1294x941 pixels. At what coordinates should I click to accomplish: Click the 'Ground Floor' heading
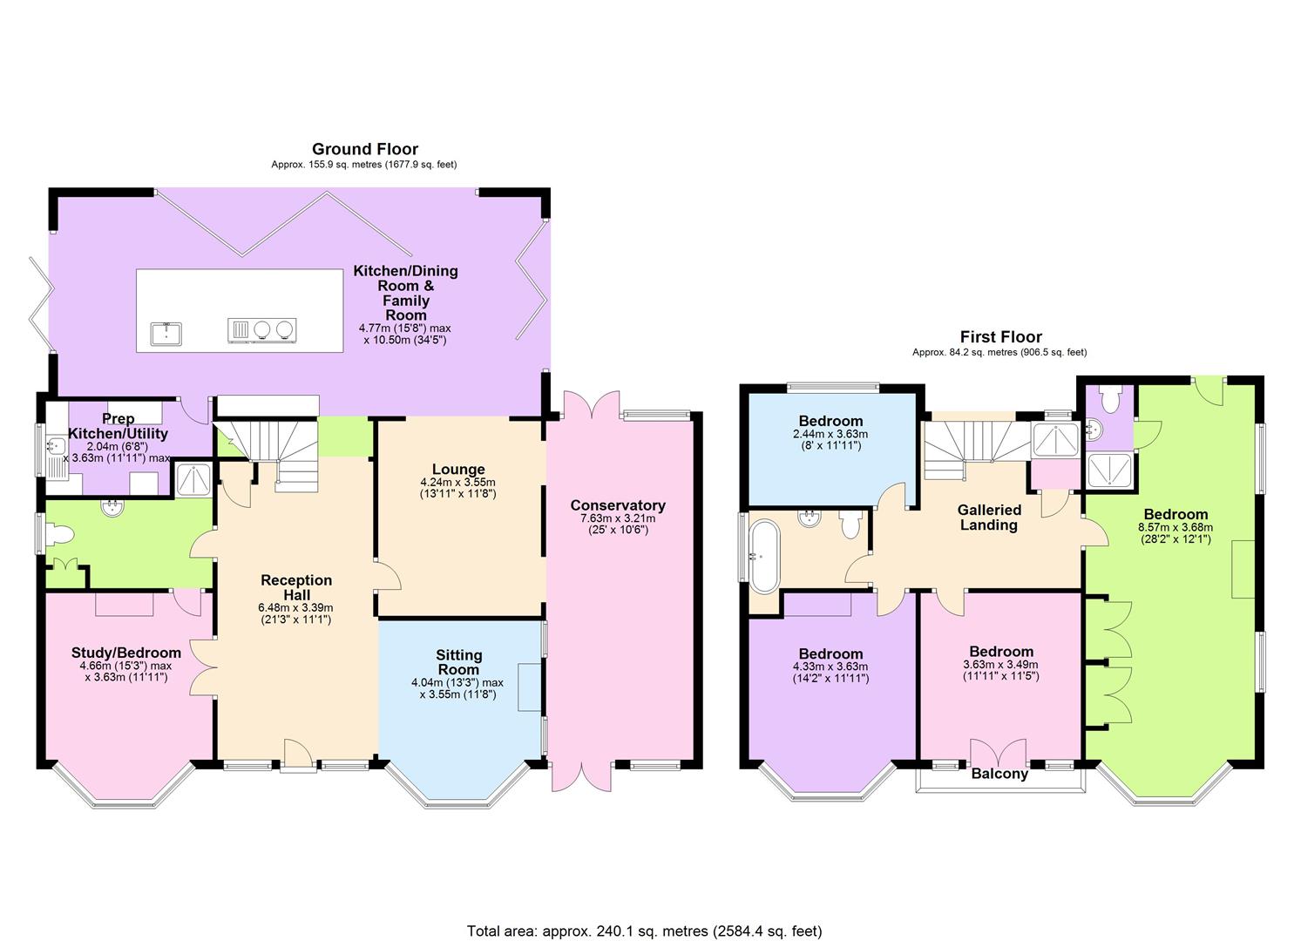[364, 149]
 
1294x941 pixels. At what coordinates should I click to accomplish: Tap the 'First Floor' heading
[1000, 336]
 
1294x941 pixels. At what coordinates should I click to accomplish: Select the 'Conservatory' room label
[617, 505]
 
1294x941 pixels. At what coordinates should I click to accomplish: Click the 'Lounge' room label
[457, 470]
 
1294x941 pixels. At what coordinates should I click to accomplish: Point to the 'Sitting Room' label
[458, 662]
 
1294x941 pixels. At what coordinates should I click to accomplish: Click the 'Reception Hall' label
[296, 587]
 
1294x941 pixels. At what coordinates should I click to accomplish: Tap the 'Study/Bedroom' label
[125, 653]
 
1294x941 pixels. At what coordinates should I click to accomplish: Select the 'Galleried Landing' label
[988, 517]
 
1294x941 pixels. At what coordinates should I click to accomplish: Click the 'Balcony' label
[999, 774]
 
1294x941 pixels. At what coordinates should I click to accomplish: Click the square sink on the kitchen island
[165, 332]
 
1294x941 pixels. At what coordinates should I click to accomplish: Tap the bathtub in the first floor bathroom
[763, 552]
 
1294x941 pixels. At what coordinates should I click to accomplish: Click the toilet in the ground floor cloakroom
[59, 533]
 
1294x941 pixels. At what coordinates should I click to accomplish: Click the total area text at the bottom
[644, 931]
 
